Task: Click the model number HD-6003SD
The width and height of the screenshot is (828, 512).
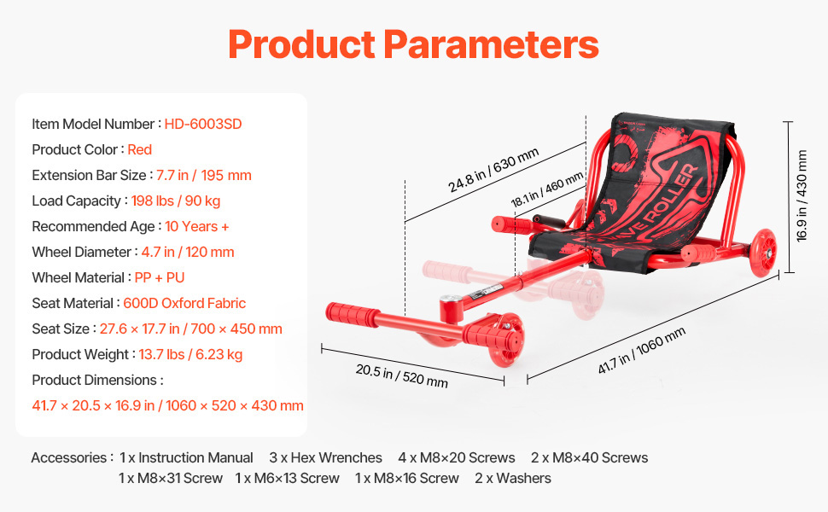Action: pos(203,124)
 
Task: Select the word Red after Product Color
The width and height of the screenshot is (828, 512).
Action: pos(139,150)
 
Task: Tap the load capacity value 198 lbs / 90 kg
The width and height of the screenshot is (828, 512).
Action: pos(176,201)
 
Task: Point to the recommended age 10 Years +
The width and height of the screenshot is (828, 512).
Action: pos(197,226)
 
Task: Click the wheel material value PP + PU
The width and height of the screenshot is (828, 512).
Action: pos(160,277)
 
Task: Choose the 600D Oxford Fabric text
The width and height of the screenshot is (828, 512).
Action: pos(184,304)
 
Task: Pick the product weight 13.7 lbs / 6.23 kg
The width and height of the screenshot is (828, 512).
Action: pos(190,355)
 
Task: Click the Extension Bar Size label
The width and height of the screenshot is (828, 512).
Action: pos(89,175)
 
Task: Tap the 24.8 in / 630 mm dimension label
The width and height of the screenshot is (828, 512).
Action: pos(493,170)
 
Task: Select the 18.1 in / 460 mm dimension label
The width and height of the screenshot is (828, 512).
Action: pos(547,189)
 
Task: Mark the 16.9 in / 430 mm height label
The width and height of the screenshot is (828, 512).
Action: pos(802,195)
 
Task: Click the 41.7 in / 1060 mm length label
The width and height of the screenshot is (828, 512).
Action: pos(642,350)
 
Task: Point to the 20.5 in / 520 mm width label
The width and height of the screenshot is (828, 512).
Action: pos(402,375)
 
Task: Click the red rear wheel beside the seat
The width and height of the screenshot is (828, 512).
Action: pos(763,253)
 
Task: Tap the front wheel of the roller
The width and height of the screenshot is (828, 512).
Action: pos(506,340)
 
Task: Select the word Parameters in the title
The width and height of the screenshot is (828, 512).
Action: pos(491,45)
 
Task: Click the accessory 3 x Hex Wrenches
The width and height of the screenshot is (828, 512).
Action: pos(325,457)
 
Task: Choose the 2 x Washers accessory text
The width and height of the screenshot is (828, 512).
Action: pos(513,478)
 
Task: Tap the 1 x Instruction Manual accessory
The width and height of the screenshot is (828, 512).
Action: pos(186,457)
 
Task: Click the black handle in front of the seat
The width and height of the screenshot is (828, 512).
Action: pos(549,221)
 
